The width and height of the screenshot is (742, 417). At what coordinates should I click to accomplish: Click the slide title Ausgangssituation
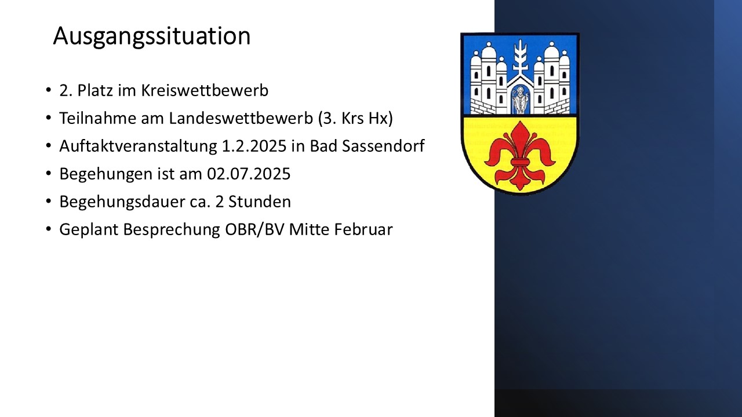coord(152,36)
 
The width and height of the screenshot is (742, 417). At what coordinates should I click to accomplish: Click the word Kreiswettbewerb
coord(205,90)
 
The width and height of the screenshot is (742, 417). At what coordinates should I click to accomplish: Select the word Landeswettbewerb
coord(241,118)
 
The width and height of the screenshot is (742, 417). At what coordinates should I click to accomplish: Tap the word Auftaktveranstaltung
coord(138,146)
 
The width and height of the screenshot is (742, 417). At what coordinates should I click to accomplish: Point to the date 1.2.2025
coord(254,146)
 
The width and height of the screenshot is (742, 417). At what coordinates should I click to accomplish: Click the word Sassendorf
coord(383,146)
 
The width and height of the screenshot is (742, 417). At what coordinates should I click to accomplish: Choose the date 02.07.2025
coord(249,174)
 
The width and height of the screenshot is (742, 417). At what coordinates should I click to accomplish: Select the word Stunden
coord(260,202)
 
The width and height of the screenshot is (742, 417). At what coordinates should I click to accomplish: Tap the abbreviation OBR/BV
coord(254,229)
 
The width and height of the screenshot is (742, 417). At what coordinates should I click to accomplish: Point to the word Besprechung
coord(172,230)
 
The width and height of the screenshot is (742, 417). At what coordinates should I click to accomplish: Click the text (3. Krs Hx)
coord(355,119)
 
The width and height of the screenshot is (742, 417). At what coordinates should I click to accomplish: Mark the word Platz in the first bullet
coord(95,90)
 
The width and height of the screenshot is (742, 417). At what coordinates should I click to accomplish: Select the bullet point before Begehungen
coord(49,173)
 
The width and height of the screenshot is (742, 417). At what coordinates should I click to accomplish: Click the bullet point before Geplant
coord(49,229)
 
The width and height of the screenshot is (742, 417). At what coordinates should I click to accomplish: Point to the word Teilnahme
coord(98,118)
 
